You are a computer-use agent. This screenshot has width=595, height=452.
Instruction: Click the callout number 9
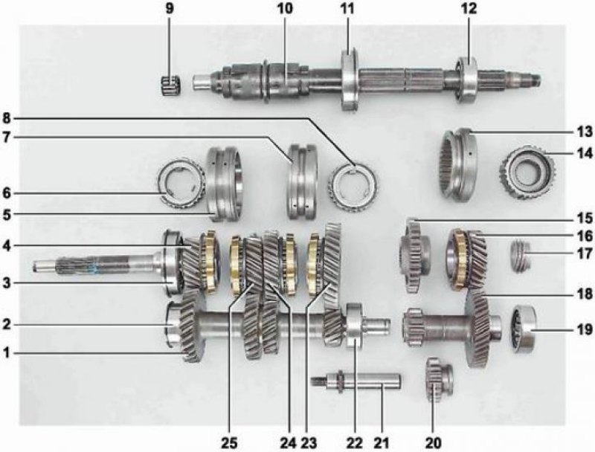(170, 9)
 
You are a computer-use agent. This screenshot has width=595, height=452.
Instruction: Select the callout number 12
(469, 9)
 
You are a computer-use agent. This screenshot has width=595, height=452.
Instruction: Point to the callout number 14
(584, 154)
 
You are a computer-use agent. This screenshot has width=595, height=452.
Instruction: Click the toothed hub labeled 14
(527, 172)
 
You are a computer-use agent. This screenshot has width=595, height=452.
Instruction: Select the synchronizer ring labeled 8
(353, 184)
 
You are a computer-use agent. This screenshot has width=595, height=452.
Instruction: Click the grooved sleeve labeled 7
(302, 181)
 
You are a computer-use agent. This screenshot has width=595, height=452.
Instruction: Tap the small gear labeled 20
(439, 380)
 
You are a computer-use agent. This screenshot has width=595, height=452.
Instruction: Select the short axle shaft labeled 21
(356, 381)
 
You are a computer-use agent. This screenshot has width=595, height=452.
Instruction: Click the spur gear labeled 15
(414, 256)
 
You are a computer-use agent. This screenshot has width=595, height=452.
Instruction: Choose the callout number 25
(229, 442)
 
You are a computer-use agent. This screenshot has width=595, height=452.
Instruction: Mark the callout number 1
(6, 353)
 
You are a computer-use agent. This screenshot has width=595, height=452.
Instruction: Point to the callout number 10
(286, 9)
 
